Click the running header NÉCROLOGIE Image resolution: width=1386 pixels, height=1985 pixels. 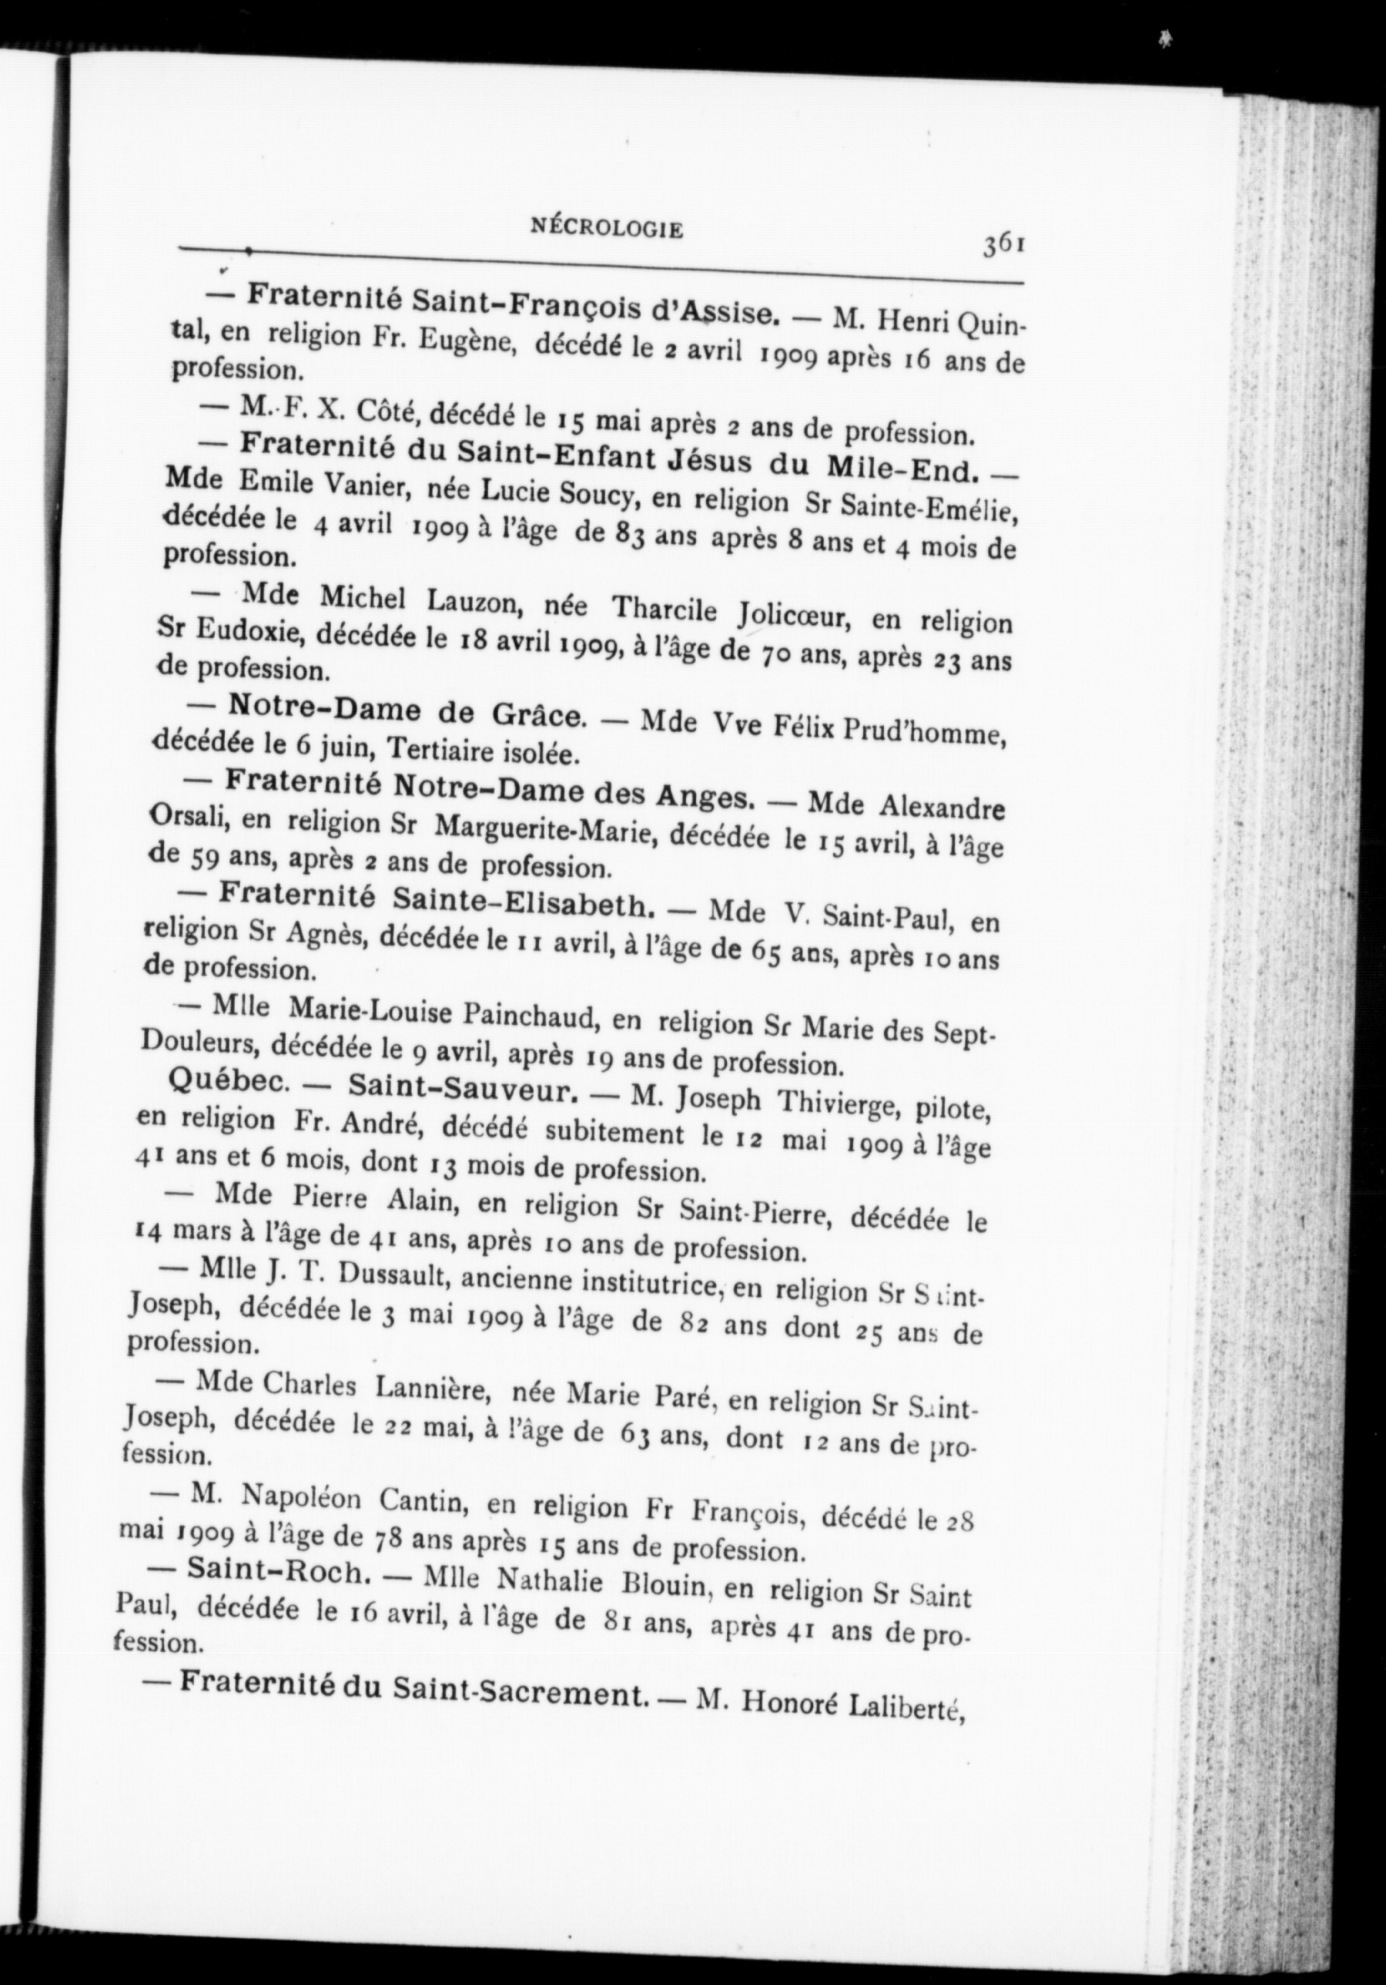click(606, 229)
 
